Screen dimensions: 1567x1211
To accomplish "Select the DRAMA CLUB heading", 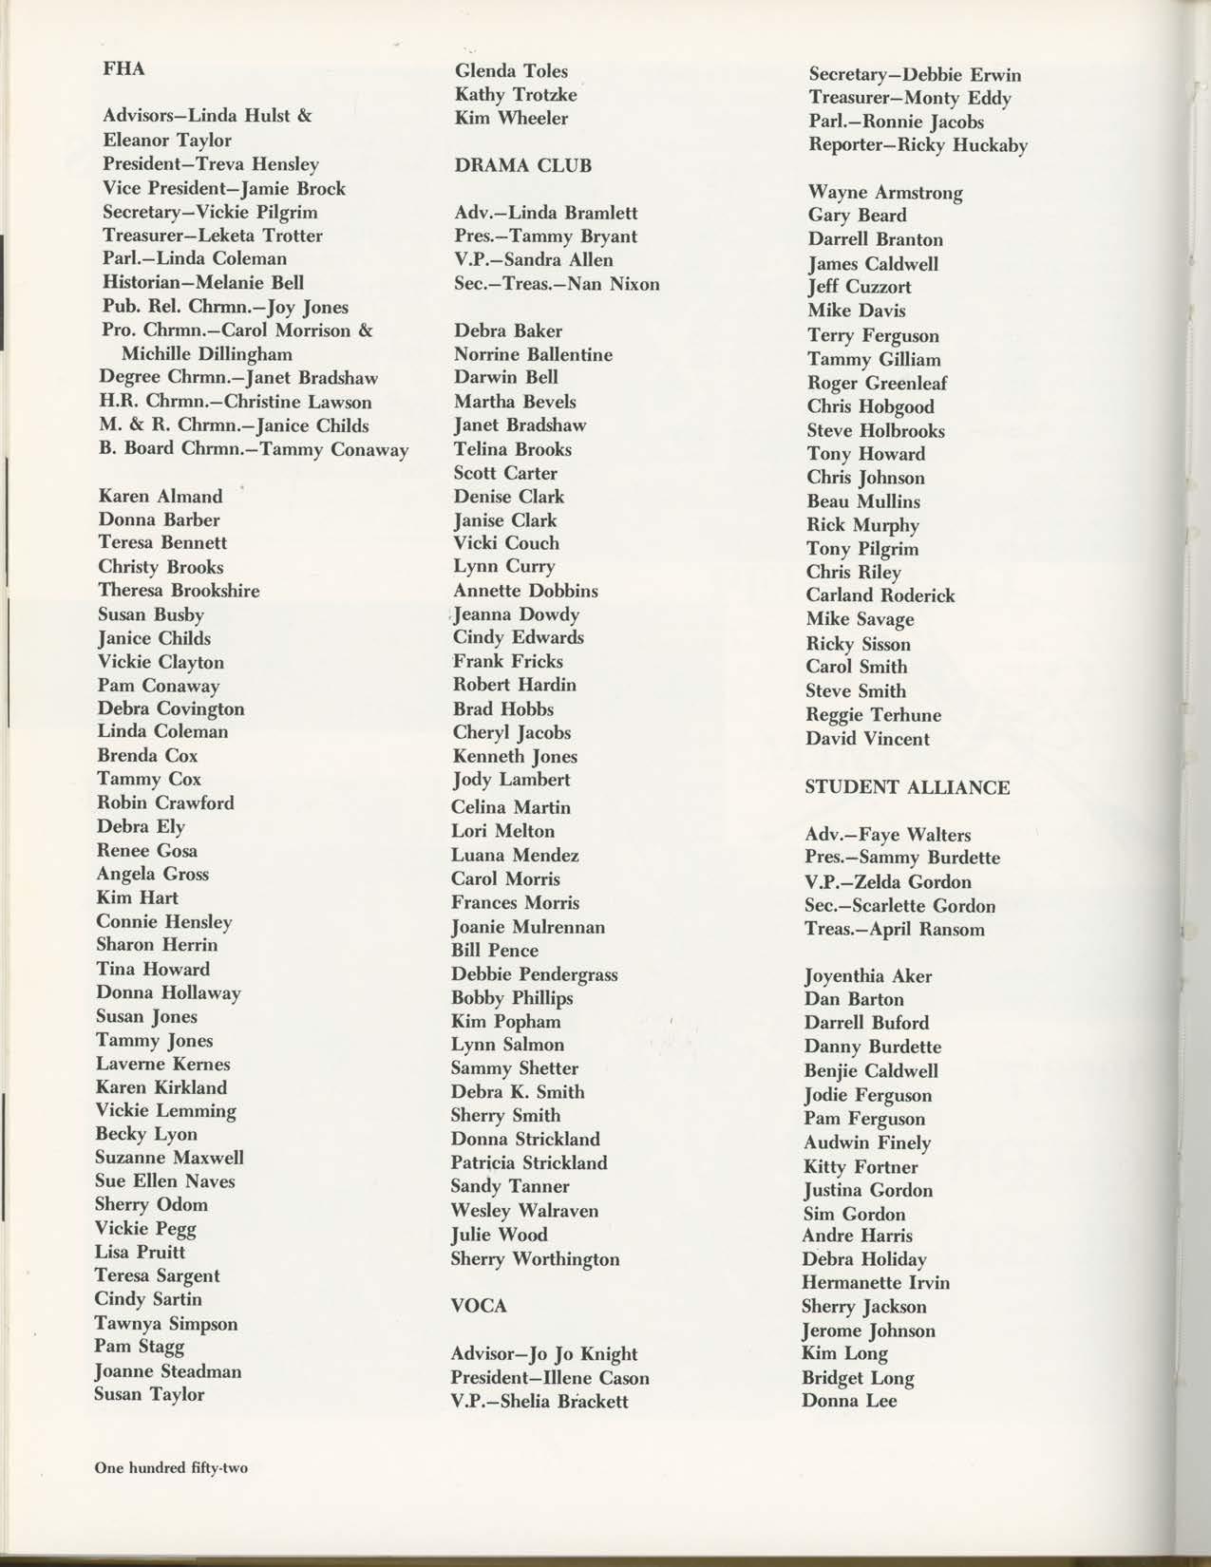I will [522, 165].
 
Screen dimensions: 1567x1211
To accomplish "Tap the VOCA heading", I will [479, 1306].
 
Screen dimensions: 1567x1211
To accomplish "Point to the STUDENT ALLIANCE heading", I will [907, 787].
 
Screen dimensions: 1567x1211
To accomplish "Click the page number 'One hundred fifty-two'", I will [171, 1467].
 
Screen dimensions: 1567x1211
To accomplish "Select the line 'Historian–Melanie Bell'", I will [203, 282].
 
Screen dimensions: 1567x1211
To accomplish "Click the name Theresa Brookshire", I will [179, 590].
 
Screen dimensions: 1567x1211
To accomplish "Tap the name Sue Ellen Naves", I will [164, 1181].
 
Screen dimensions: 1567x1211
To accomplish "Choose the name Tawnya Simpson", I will [165, 1323].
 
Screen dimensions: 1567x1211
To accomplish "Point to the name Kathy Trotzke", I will [515, 94].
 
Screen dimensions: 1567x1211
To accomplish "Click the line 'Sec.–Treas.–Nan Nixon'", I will [557, 284].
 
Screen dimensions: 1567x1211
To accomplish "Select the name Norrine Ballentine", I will [533, 354].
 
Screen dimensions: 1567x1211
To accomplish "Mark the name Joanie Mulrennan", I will [528, 927].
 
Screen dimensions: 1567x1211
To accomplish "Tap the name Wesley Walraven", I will [524, 1211].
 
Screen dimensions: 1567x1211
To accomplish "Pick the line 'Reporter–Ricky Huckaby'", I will [918, 145].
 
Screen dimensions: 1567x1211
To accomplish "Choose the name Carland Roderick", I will [880, 595].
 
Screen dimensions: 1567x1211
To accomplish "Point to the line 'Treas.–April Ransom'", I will [894, 930].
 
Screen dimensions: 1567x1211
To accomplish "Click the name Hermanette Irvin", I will [876, 1282].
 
